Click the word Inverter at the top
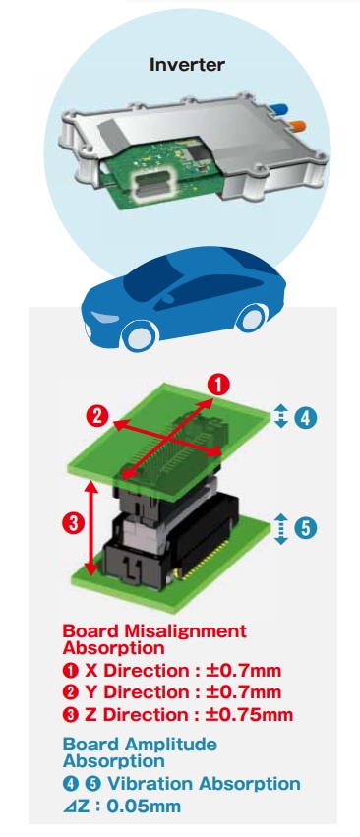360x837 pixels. [x=187, y=65]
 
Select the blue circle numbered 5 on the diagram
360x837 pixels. [x=305, y=528]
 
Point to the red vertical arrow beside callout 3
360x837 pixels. [x=91, y=527]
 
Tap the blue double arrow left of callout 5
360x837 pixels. [x=281, y=528]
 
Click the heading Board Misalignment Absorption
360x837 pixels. [x=154, y=639]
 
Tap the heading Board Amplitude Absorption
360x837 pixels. [x=140, y=752]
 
